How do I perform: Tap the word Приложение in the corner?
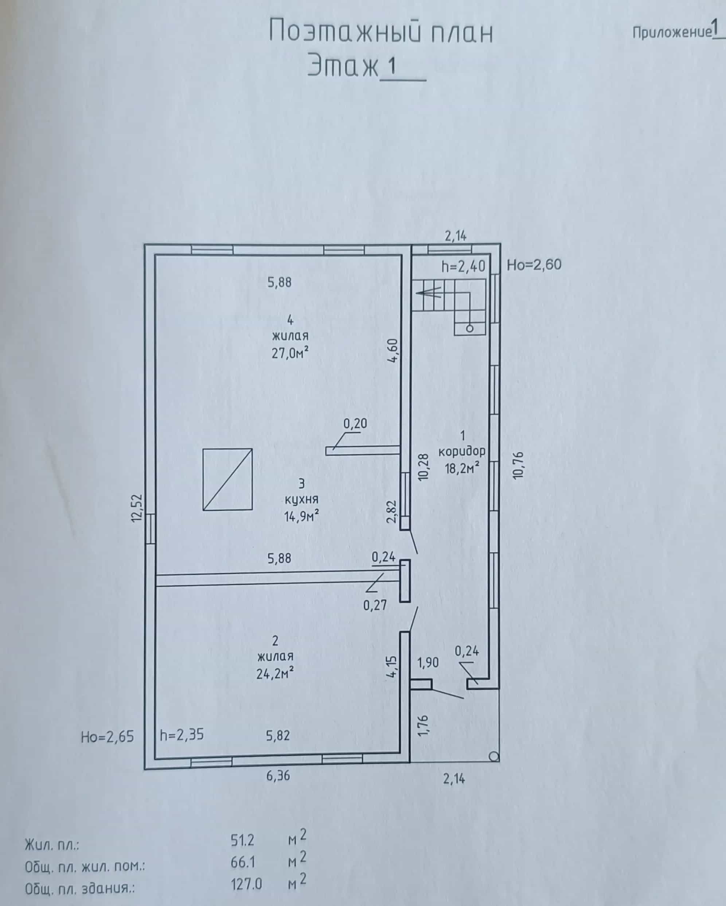coord(672,32)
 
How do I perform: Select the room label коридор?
coord(462,451)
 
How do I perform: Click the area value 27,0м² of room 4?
coord(290,353)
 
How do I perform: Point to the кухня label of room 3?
coord(301,499)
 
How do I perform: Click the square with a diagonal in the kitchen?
coord(227,480)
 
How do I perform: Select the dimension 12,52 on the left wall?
coord(137,508)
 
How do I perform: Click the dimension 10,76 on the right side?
coord(518,465)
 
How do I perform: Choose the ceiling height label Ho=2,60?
coord(534,265)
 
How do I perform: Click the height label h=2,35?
coord(182,734)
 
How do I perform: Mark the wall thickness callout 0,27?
coord(375,605)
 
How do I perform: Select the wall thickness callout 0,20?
coord(355,423)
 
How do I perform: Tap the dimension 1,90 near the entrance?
coord(428,663)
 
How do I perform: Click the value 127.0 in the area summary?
coord(246,884)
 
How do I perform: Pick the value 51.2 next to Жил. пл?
coord(242,840)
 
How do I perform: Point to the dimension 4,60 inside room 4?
coord(394,351)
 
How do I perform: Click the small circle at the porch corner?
coord(495,757)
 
